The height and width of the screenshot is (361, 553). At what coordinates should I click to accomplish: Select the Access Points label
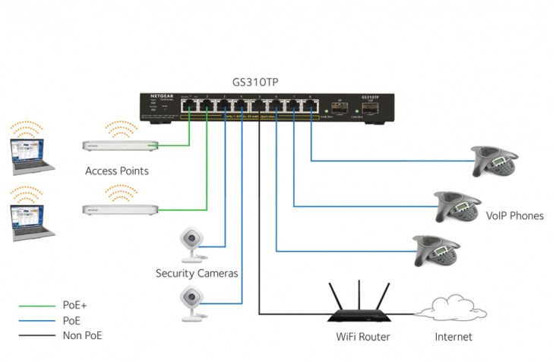coord(117,171)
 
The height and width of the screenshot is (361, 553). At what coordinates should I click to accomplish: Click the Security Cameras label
coord(197,273)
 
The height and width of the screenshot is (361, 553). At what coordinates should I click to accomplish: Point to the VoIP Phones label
coord(514,216)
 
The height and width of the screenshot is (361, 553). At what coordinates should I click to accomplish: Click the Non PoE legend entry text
coord(82,334)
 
